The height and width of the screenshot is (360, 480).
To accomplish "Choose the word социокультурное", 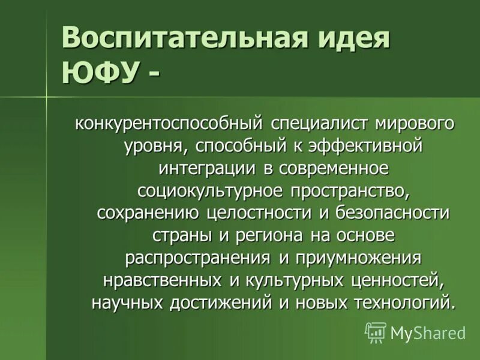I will pyautogui.click(x=210, y=191).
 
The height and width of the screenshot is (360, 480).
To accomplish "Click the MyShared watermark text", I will pyautogui.click(x=428, y=333).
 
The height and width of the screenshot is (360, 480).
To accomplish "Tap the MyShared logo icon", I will pyautogui.click(x=376, y=332).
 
